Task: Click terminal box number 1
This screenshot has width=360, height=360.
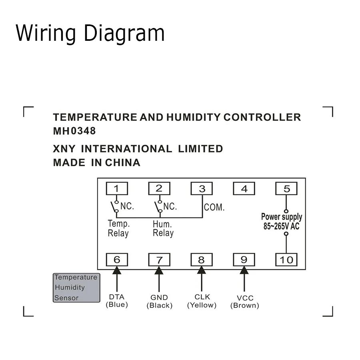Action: [x=116, y=188]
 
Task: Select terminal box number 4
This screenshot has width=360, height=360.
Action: [x=244, y=188]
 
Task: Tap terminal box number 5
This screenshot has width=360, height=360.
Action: [x=286, y=188]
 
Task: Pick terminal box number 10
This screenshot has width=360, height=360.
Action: [x=286, y=260]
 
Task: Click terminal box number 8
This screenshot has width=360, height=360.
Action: [x=202, y=260]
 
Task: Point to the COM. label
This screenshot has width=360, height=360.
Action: [x=214, y=207]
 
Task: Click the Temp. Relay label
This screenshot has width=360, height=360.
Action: [x=118, y=228]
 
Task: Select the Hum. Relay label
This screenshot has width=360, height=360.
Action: [x=163, y=228]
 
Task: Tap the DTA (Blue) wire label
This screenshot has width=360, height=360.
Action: [x=116, y=301]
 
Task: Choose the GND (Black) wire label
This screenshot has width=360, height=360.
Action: [x=159, y=301]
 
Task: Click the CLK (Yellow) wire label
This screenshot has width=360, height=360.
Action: [x=202, y=301]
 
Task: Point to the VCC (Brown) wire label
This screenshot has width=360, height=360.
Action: [x=244, y=302]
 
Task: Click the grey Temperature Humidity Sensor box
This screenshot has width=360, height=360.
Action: [x=76, y=288]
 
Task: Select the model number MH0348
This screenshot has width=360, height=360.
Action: [x=74, y=131]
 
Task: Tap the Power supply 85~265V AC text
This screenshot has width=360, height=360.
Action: [x=282, y=221]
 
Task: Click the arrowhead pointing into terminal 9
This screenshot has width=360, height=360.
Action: [x=244, y=271]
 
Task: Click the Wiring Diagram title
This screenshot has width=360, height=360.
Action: [x=90, y=33]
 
